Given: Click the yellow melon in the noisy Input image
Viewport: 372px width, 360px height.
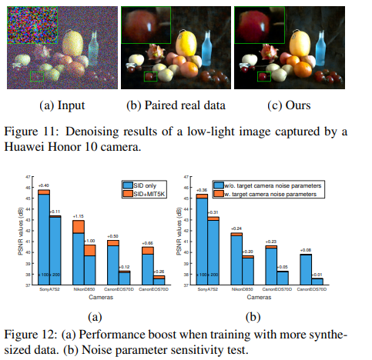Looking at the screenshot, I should [72, 44].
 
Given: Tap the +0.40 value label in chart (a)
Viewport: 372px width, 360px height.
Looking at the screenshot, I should [43, 185].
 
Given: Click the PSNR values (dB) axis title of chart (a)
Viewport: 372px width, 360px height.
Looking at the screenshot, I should [18, 231].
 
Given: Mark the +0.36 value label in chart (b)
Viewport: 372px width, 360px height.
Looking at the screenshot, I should [202, 190].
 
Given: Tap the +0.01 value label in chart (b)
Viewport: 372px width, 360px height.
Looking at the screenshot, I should [317, 275].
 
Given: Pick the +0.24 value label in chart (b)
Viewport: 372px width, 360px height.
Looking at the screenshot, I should [236, 228].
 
